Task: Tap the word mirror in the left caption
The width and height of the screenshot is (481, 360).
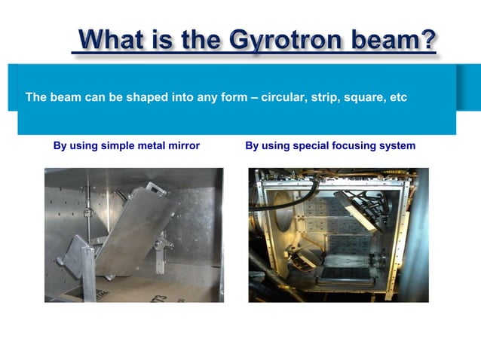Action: click(183, 145)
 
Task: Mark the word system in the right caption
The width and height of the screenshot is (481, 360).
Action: click(397, 145)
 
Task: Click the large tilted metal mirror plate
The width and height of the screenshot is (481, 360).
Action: click(136, 229)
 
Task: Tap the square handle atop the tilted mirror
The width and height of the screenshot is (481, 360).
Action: click(156, 188)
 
